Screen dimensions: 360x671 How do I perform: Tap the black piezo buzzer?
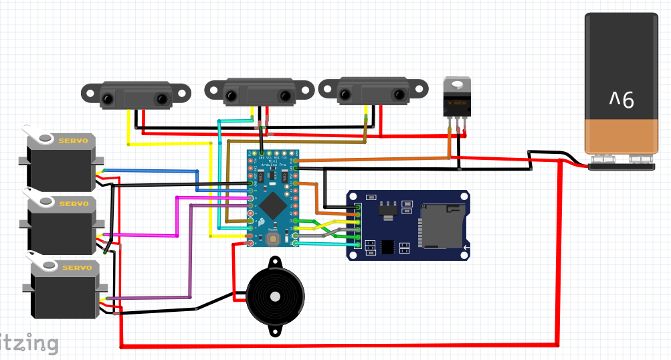[x=274, y=294]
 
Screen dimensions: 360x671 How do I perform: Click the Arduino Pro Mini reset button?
[x=272, y=238]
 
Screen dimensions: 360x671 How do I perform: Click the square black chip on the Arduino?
[x=272, y=203]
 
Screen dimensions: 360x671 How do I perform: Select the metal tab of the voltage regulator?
[x=458, y=84]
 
